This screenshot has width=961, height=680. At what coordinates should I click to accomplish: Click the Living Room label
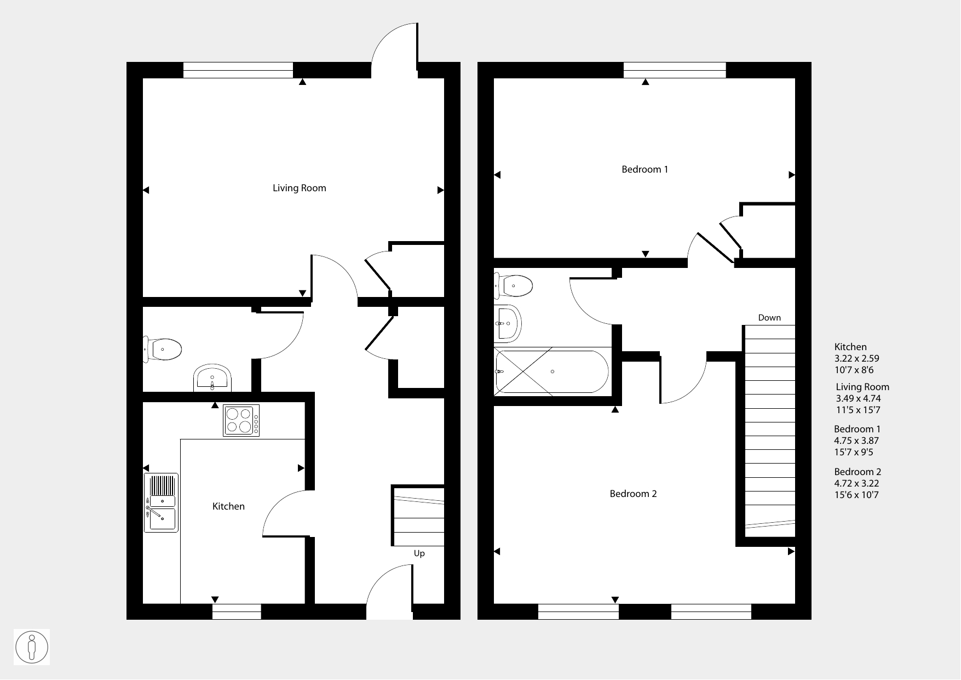coord(300,188)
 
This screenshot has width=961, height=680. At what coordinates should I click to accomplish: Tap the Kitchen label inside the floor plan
coord(228,506)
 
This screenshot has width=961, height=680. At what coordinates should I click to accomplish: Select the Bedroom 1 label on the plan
coord(644,169)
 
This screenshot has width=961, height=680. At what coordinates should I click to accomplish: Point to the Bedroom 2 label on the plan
coord(633,494)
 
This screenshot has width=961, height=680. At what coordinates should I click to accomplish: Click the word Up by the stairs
coord(419,553)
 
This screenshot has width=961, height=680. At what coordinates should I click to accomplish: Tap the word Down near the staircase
coord(769,318)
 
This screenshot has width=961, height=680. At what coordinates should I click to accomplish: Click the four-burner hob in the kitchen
coord(241,420)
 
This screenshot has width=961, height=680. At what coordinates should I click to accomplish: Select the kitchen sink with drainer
coord(161,502)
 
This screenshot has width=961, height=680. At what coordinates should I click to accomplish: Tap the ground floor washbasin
coord(212,378)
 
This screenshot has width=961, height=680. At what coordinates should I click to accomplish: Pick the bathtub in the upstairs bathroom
coord(551,371)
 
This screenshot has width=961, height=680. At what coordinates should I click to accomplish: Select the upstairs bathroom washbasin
coord(508,323)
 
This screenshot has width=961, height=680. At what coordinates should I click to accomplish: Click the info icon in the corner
coord(32,647)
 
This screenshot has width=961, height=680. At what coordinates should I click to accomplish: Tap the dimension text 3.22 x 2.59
coord(856,358)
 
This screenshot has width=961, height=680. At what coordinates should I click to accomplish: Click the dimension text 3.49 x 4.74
coord(859,398)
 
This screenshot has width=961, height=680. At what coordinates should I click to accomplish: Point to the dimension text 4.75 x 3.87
coord(856,441)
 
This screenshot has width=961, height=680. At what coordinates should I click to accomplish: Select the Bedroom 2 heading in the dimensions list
coord(858,472)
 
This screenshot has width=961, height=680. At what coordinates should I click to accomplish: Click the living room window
coord(238,70)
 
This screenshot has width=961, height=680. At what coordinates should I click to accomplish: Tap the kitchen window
coord(237,612)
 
